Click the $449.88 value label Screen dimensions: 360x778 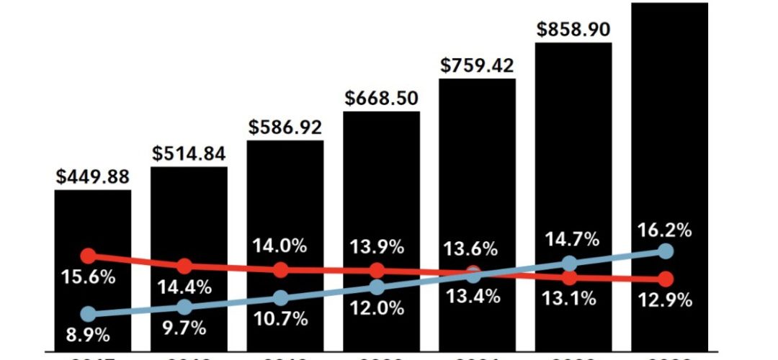pyautogui.click(x=93, y=177)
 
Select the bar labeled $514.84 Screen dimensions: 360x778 pyautogui.click(x=189, y=216)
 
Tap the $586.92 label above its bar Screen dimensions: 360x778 pyautogui.click(x=285, y=127)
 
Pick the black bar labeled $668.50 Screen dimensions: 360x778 pyautogui.click(x=381, y=180)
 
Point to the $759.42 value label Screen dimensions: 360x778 pyautogui.click(x=477, y=66)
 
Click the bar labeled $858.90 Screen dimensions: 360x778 pyautogui.click(x=573, y=144)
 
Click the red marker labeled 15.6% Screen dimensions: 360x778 pyautogui.click(x=89, y=256)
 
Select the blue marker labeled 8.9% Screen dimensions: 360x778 pyautogui.click(x=89, y=314)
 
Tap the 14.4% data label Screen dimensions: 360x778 pyautogui.click(x=185, y=287)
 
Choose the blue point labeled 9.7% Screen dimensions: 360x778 pyautogui.click(x=184, y=307)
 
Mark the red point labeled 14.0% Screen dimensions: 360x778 pyautogui.click(x=281, y=270)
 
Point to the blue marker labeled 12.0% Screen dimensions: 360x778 pyautogui.click(x=377, y=287)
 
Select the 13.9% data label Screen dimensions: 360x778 pyautogui.click(x=376, y=246)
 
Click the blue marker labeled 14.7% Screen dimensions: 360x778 pyautogui.click(x=569, y=264)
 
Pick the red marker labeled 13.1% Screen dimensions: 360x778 pyautogui.click(x=569, y=277)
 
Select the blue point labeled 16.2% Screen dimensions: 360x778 pyautogui.click(x=666, y=251)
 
